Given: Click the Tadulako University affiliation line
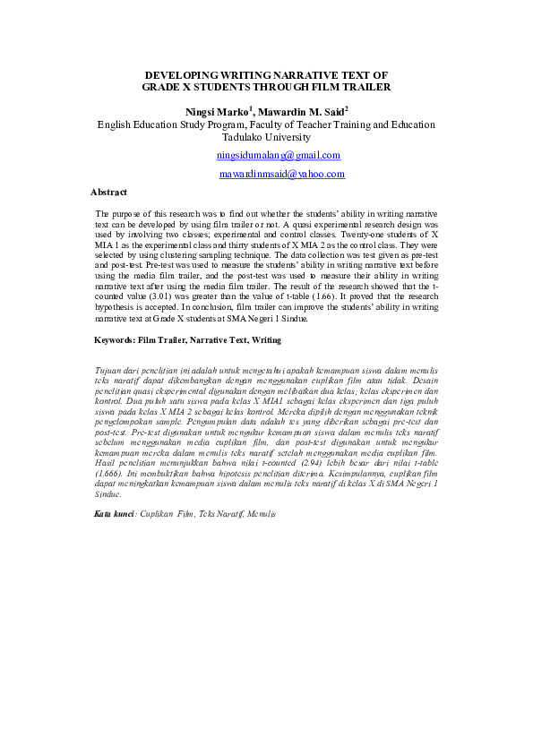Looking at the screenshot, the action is (266, 138).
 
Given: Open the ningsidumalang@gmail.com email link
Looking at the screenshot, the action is (279, 155).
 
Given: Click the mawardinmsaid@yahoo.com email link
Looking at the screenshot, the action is (282, 174).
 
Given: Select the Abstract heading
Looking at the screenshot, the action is (109, 192).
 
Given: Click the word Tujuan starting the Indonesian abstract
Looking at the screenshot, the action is (109, 369).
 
